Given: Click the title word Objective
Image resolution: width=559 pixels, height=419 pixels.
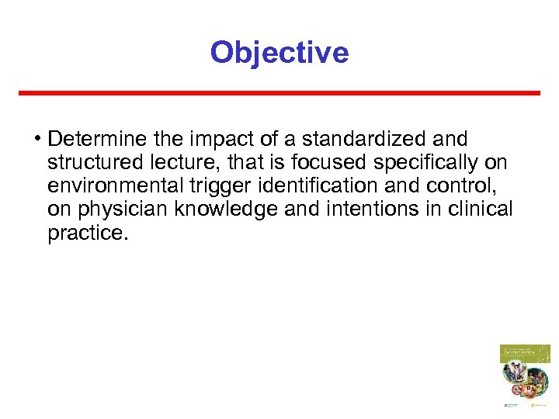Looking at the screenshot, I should pyautogui.click(x=279, y=53).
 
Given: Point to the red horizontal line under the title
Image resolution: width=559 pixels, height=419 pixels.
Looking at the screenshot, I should pyautogui.click(x=279, y=93).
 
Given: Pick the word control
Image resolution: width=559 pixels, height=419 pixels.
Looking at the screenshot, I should pyautogui.click(x=461, y=185).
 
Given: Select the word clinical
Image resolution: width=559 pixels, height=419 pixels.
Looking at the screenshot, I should pyautogui.click(x=481, y=209).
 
